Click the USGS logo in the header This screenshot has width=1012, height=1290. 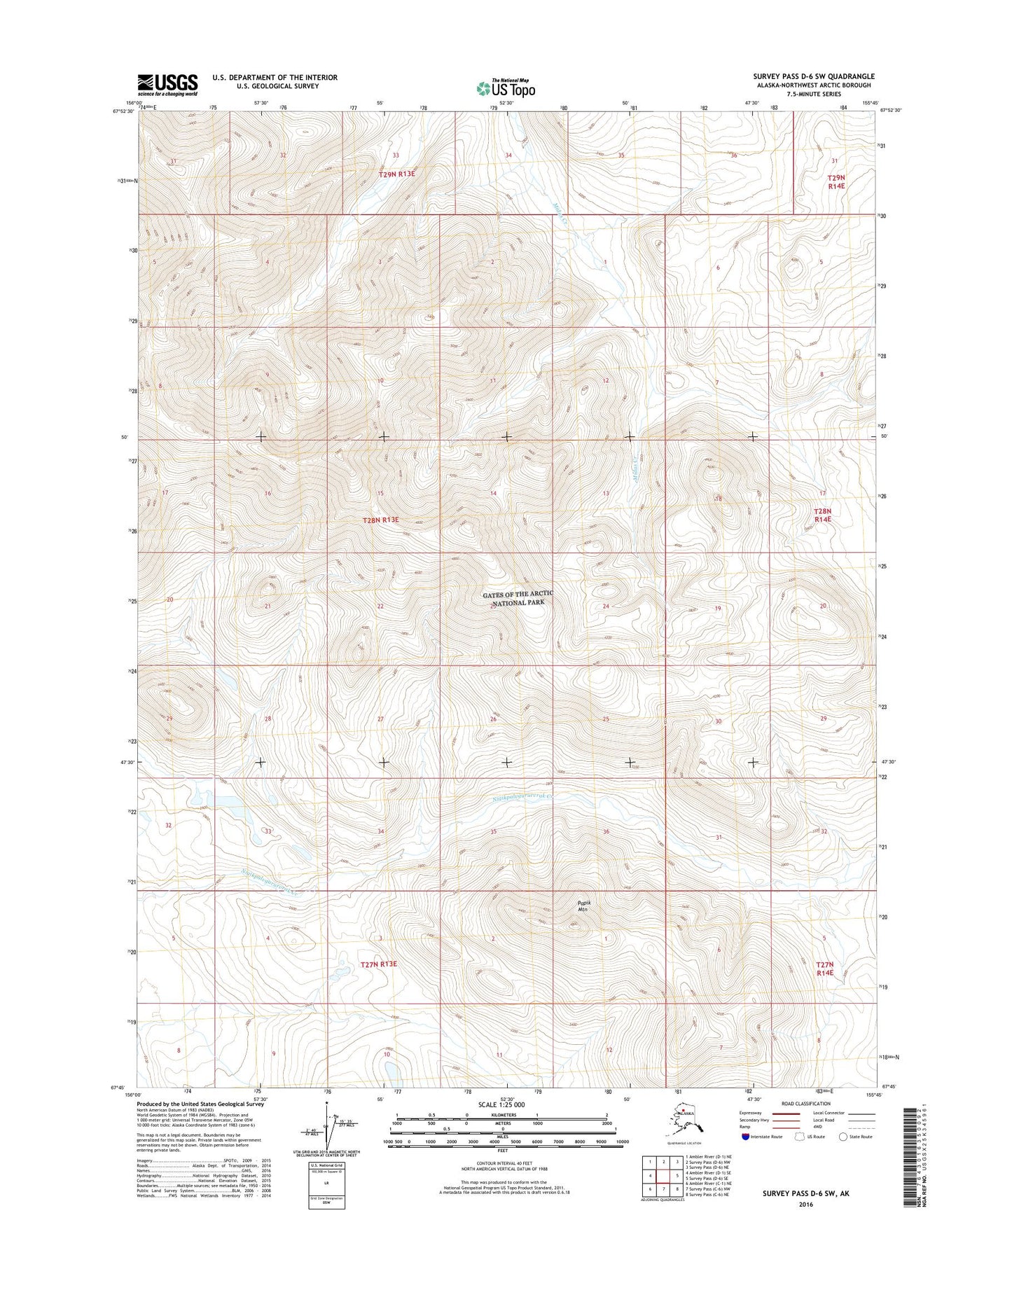click(x=167, y=84)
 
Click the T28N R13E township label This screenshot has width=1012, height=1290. click(x=380, y=520)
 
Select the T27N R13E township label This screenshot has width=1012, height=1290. click(x=378, y=964)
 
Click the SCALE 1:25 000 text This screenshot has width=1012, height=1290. click(x=501, y=1104)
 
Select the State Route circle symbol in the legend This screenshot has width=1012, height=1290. click(x=843, y=1137)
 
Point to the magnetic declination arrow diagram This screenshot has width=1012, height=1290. click(x=325, y=1125)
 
